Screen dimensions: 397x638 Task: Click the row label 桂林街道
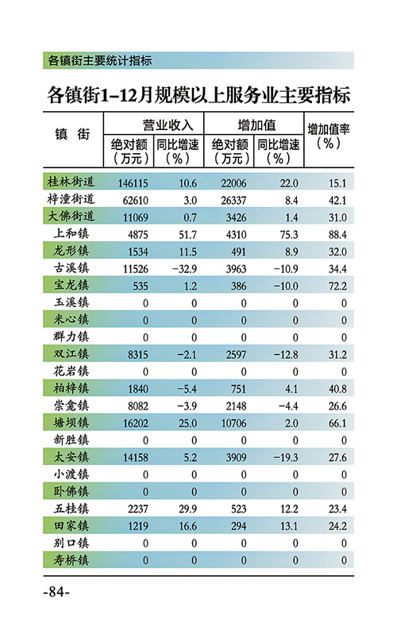(71, 182)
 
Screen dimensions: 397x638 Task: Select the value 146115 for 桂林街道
(133, 183)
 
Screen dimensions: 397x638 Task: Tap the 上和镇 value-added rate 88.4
(337, 235)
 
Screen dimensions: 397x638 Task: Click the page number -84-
(56, 592)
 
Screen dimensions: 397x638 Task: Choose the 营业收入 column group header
(168, 125)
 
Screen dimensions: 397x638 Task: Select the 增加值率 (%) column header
(329, 136)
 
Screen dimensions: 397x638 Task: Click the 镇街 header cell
(72, 134)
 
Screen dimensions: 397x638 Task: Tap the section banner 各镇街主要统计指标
(100, 60)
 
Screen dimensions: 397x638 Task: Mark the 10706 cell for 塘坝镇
(233, 424)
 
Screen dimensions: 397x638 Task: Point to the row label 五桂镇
(71, 509)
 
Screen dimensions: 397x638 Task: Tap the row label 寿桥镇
(71, 560)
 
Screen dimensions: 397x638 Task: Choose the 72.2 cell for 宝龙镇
(337, 286)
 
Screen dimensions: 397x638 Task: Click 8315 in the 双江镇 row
(138, 355)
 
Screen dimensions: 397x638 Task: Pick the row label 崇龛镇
(71, 405)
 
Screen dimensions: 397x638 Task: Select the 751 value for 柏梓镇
(239, 389)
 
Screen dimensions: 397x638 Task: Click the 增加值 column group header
(256, 125)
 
